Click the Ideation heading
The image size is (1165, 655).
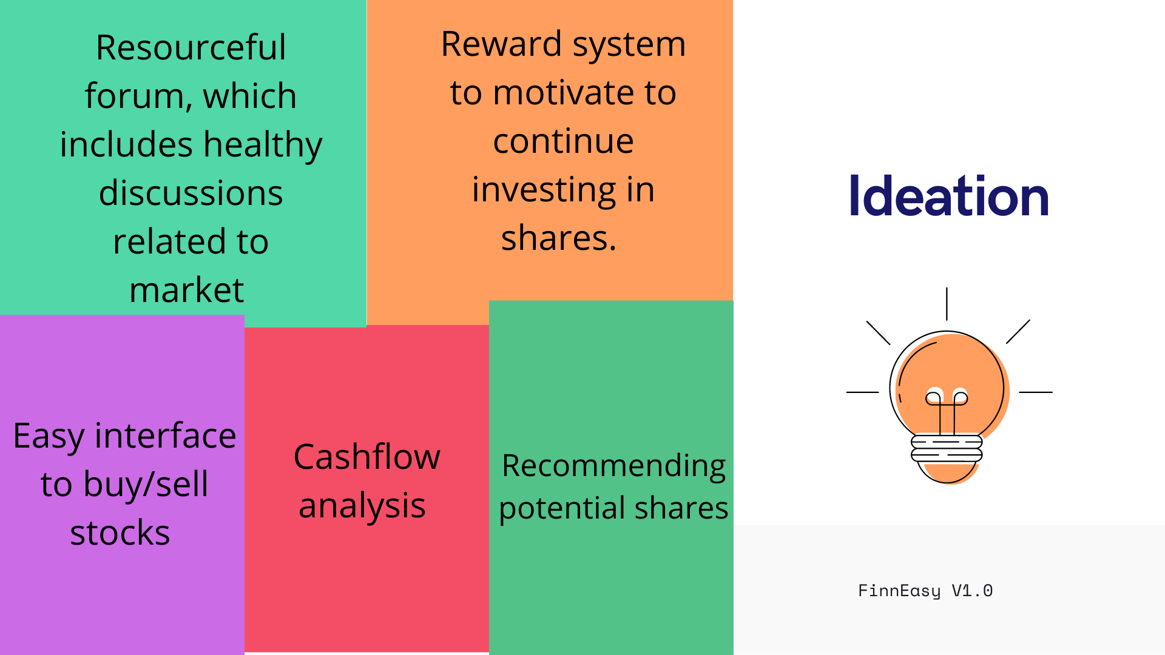tap(949, 195)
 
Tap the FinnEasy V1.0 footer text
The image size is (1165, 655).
tap(925, 591)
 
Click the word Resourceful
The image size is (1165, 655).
tap(191, 47)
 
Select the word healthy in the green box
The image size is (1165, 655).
tap(262, 146)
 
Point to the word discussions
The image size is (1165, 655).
tap(191, 193)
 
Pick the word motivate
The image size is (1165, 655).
tap(564, 93)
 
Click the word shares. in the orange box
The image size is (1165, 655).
tap(558, 237)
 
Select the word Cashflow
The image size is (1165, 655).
tap(366, 457)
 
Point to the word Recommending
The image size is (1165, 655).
tap(613, 467)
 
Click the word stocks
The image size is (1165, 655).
tap(120, 533)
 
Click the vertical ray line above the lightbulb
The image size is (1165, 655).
tap(947, 304)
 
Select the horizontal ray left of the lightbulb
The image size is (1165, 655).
tap(862, 392)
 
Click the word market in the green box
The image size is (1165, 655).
tap(187, 290)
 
